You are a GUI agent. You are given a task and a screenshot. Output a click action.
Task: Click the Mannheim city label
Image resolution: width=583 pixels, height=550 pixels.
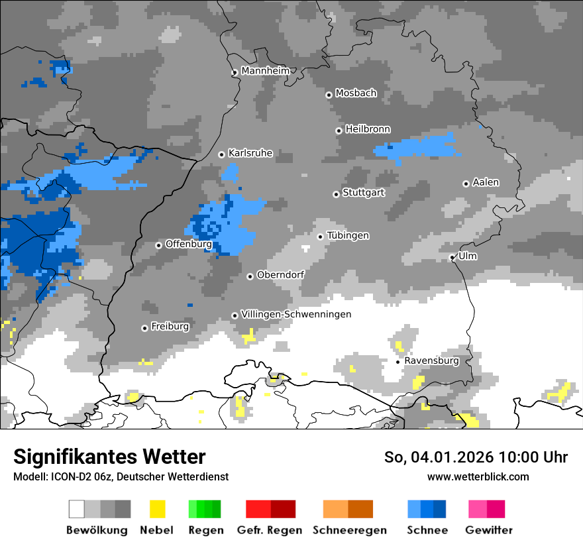266,71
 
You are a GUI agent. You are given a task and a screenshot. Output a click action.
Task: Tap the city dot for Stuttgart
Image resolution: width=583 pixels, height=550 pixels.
336,194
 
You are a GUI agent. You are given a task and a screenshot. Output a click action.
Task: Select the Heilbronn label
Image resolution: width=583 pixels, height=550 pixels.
368,129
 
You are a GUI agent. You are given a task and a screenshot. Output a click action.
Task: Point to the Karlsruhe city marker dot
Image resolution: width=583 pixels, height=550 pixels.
222,154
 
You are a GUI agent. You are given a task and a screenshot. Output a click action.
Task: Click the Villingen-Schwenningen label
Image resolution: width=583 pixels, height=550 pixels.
296,314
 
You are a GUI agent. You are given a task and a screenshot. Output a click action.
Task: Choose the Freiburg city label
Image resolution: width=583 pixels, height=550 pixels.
170,327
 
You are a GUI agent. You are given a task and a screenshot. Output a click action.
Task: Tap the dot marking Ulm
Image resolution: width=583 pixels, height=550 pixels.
452,257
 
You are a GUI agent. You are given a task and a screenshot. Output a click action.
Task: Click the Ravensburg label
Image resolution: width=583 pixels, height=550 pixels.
431,361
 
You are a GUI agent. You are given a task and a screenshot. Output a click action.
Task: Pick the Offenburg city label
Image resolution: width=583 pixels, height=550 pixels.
188,244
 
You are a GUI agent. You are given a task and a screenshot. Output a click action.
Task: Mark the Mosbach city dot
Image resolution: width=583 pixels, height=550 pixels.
329,95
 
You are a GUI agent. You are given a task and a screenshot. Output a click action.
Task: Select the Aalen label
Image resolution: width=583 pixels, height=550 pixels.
486,182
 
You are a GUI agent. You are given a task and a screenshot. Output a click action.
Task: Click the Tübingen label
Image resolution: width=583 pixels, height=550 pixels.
348,236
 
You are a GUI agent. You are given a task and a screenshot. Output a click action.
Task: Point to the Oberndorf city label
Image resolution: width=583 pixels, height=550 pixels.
280,275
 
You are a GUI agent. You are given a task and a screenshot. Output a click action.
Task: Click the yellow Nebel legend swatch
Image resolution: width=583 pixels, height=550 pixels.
157,509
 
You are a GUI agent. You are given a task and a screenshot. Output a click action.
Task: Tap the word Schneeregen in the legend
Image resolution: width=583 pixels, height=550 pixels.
348,530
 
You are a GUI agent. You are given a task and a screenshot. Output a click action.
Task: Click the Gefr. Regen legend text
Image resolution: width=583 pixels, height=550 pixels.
270,530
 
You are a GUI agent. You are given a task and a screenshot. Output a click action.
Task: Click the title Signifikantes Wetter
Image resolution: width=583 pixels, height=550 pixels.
109,457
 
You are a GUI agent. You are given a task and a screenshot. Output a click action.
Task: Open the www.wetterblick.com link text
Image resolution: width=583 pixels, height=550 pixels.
478,476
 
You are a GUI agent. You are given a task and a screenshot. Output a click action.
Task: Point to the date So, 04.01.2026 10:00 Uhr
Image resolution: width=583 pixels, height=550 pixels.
476,457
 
